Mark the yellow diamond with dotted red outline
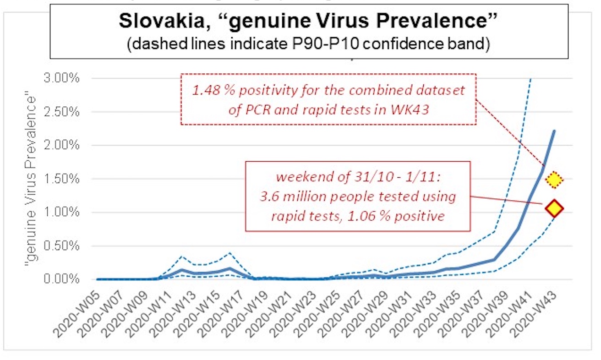pyautogui.click(x=554, y=180)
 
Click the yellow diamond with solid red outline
pyautogui.click(x=554, y=208)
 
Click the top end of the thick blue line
pyautogui.click(x=554, y=131)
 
